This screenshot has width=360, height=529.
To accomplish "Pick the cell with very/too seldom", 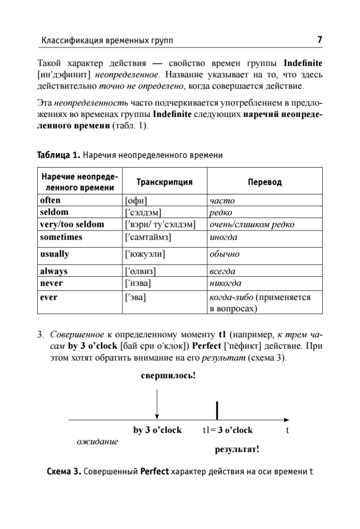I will point(72,224).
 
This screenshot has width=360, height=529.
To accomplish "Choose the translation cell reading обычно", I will point(224,254).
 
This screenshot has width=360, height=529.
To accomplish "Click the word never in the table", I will point(52,283).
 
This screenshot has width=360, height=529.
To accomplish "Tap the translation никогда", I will point(226,283).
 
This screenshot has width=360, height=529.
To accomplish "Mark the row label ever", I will point(48,298).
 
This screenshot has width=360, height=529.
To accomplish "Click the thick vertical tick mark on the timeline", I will point(217,410).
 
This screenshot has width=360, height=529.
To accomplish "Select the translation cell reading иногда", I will point(223,237).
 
